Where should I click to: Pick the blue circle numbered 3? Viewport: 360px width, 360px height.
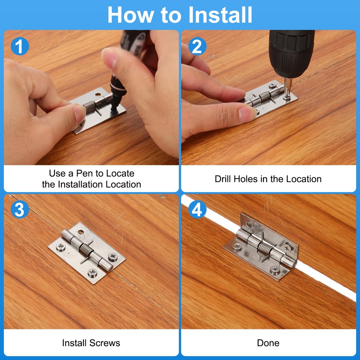(x=20, y=210)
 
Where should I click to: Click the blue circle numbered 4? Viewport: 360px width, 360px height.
(x=197, y=210)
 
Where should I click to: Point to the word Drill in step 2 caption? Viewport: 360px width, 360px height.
(x=223, y=179)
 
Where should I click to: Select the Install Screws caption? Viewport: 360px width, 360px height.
(x=91, y=343)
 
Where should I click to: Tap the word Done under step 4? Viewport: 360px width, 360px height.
(x=268, y=343)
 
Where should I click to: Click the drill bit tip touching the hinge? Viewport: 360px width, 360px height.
(x=287, y=96)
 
